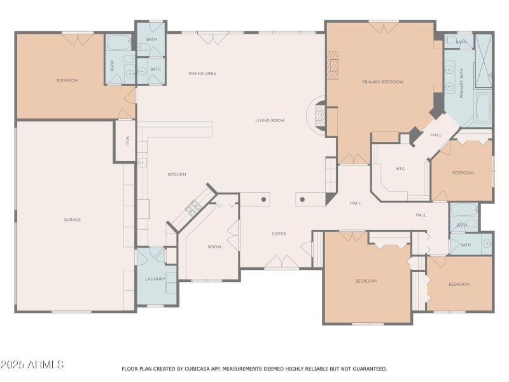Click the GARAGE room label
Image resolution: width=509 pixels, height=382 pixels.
click(x=72, y=220)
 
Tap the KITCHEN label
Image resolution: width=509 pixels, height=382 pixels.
click(x=177, y=174)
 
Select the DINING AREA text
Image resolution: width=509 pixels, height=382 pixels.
click(x=202, y=74)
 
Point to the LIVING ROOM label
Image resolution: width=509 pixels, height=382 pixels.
click(x=270, y=120)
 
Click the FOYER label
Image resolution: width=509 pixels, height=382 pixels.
click(x=279, y=234)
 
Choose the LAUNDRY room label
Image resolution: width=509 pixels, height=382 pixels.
click(x=155, y=279)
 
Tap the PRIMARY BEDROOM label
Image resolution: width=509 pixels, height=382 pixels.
click(x=382, y=82)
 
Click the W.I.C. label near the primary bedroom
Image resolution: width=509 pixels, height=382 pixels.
click(x=400, y=169)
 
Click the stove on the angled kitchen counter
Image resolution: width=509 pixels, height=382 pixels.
click(x=193, y=207)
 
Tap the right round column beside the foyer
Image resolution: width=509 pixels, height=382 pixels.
click(x=302, y=199)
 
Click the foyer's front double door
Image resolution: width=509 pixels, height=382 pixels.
click(x=282, y=262)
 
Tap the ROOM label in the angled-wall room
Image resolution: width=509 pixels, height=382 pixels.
click(x=214, y=247)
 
